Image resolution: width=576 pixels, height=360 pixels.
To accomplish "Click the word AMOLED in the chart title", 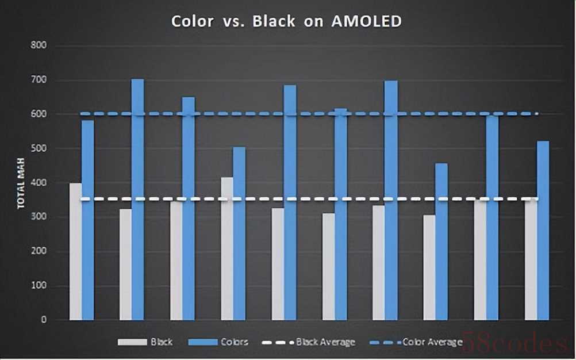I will coord(366,22).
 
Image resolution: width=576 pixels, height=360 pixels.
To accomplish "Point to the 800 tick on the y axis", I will coord(39,45).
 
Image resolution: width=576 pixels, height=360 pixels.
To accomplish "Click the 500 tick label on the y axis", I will coord(39,148).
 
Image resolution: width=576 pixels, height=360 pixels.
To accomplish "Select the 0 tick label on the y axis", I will coord(44,320).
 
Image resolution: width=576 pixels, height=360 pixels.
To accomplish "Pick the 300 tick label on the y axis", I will coord(39,217).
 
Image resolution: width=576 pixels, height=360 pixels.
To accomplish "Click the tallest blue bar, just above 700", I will coord(138,201).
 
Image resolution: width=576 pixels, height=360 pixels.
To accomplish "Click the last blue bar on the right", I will coord(543,230).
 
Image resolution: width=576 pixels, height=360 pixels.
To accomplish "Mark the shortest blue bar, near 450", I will coord(441,242).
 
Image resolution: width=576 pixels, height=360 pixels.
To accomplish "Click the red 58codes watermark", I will coord(513,344).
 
